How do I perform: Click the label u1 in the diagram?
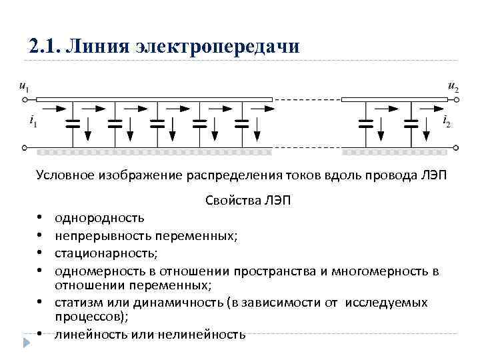[x=24, y=87]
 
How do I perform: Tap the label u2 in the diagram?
[x=453, y=87]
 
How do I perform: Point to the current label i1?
[x=33, y=122]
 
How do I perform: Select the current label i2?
[x=446, y=122]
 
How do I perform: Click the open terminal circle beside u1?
[x=25, y=101]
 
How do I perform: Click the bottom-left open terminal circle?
[x=25, y=147]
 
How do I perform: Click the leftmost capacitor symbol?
[x=73, y=123]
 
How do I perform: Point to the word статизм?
[x=77, y=303]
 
